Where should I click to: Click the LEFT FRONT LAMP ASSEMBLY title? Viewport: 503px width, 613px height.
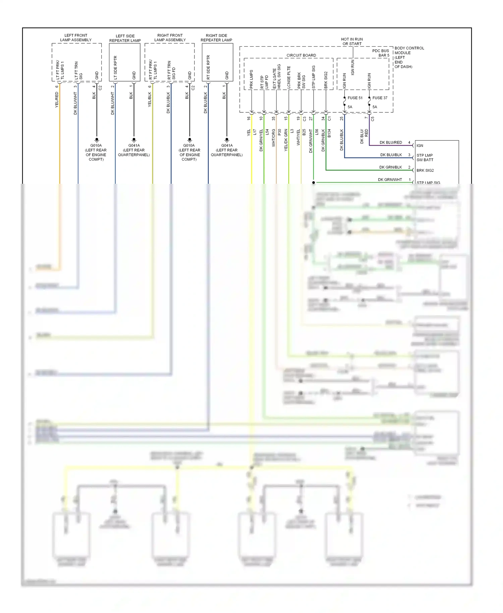[76, 38]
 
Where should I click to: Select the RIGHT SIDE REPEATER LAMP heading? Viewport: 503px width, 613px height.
[216, 38]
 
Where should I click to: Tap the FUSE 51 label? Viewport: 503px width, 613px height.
[355, 98]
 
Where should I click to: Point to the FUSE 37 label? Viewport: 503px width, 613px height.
[380, 98]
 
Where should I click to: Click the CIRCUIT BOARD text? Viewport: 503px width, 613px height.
[301, 55]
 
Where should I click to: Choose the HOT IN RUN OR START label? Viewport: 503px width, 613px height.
[352, 41]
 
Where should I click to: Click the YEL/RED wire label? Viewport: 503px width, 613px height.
[57, 100]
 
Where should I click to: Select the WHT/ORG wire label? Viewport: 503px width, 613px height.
[274, 137]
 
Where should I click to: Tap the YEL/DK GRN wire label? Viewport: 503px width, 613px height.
[286, 140]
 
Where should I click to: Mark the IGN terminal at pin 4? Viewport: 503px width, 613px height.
[420, 146]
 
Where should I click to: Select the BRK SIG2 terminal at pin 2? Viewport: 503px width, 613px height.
[425, 170]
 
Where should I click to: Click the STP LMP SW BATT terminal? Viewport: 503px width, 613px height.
[425, 157]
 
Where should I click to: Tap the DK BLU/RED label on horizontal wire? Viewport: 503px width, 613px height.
[391, 143]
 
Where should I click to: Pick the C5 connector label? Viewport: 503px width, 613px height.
[373, 118]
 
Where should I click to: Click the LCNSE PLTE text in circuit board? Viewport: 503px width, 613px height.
[289, 77]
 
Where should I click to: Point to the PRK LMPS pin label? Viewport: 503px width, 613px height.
[251, 79]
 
